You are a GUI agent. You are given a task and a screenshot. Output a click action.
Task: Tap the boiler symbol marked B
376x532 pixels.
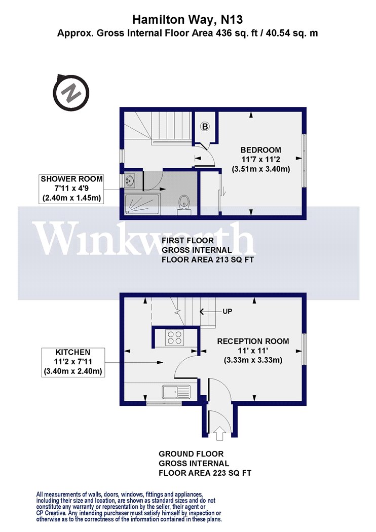tap(205, 127)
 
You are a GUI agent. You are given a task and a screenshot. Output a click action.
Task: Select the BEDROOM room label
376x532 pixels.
tap(260, 149)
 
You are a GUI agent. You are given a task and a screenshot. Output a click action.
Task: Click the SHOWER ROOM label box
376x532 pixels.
tap(71, 188)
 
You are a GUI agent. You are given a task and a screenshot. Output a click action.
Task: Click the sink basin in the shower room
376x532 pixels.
tap(130, 180)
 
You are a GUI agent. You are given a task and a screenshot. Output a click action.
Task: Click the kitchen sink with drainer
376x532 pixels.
tap(177, 392)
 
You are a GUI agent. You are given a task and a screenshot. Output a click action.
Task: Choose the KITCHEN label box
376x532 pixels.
tap(72, 362)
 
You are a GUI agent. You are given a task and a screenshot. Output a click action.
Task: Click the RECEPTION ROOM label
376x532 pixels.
tap(253, 341)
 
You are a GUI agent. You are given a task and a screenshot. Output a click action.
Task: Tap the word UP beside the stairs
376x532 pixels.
tap(228, 311)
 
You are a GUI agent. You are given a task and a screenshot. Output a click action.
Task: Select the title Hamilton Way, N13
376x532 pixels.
tap(187, 20)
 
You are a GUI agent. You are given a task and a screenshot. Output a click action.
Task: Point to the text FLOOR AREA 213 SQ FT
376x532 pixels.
tap(208, 260)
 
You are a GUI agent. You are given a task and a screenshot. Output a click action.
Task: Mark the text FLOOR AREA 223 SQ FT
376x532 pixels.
tap(205, 473)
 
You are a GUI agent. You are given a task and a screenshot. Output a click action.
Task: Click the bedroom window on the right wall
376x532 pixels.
tap(305, 161)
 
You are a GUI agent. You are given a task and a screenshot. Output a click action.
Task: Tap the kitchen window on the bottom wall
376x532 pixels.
tap(164, 403)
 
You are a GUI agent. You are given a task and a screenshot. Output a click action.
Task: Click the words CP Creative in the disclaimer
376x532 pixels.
tap(51, 513)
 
